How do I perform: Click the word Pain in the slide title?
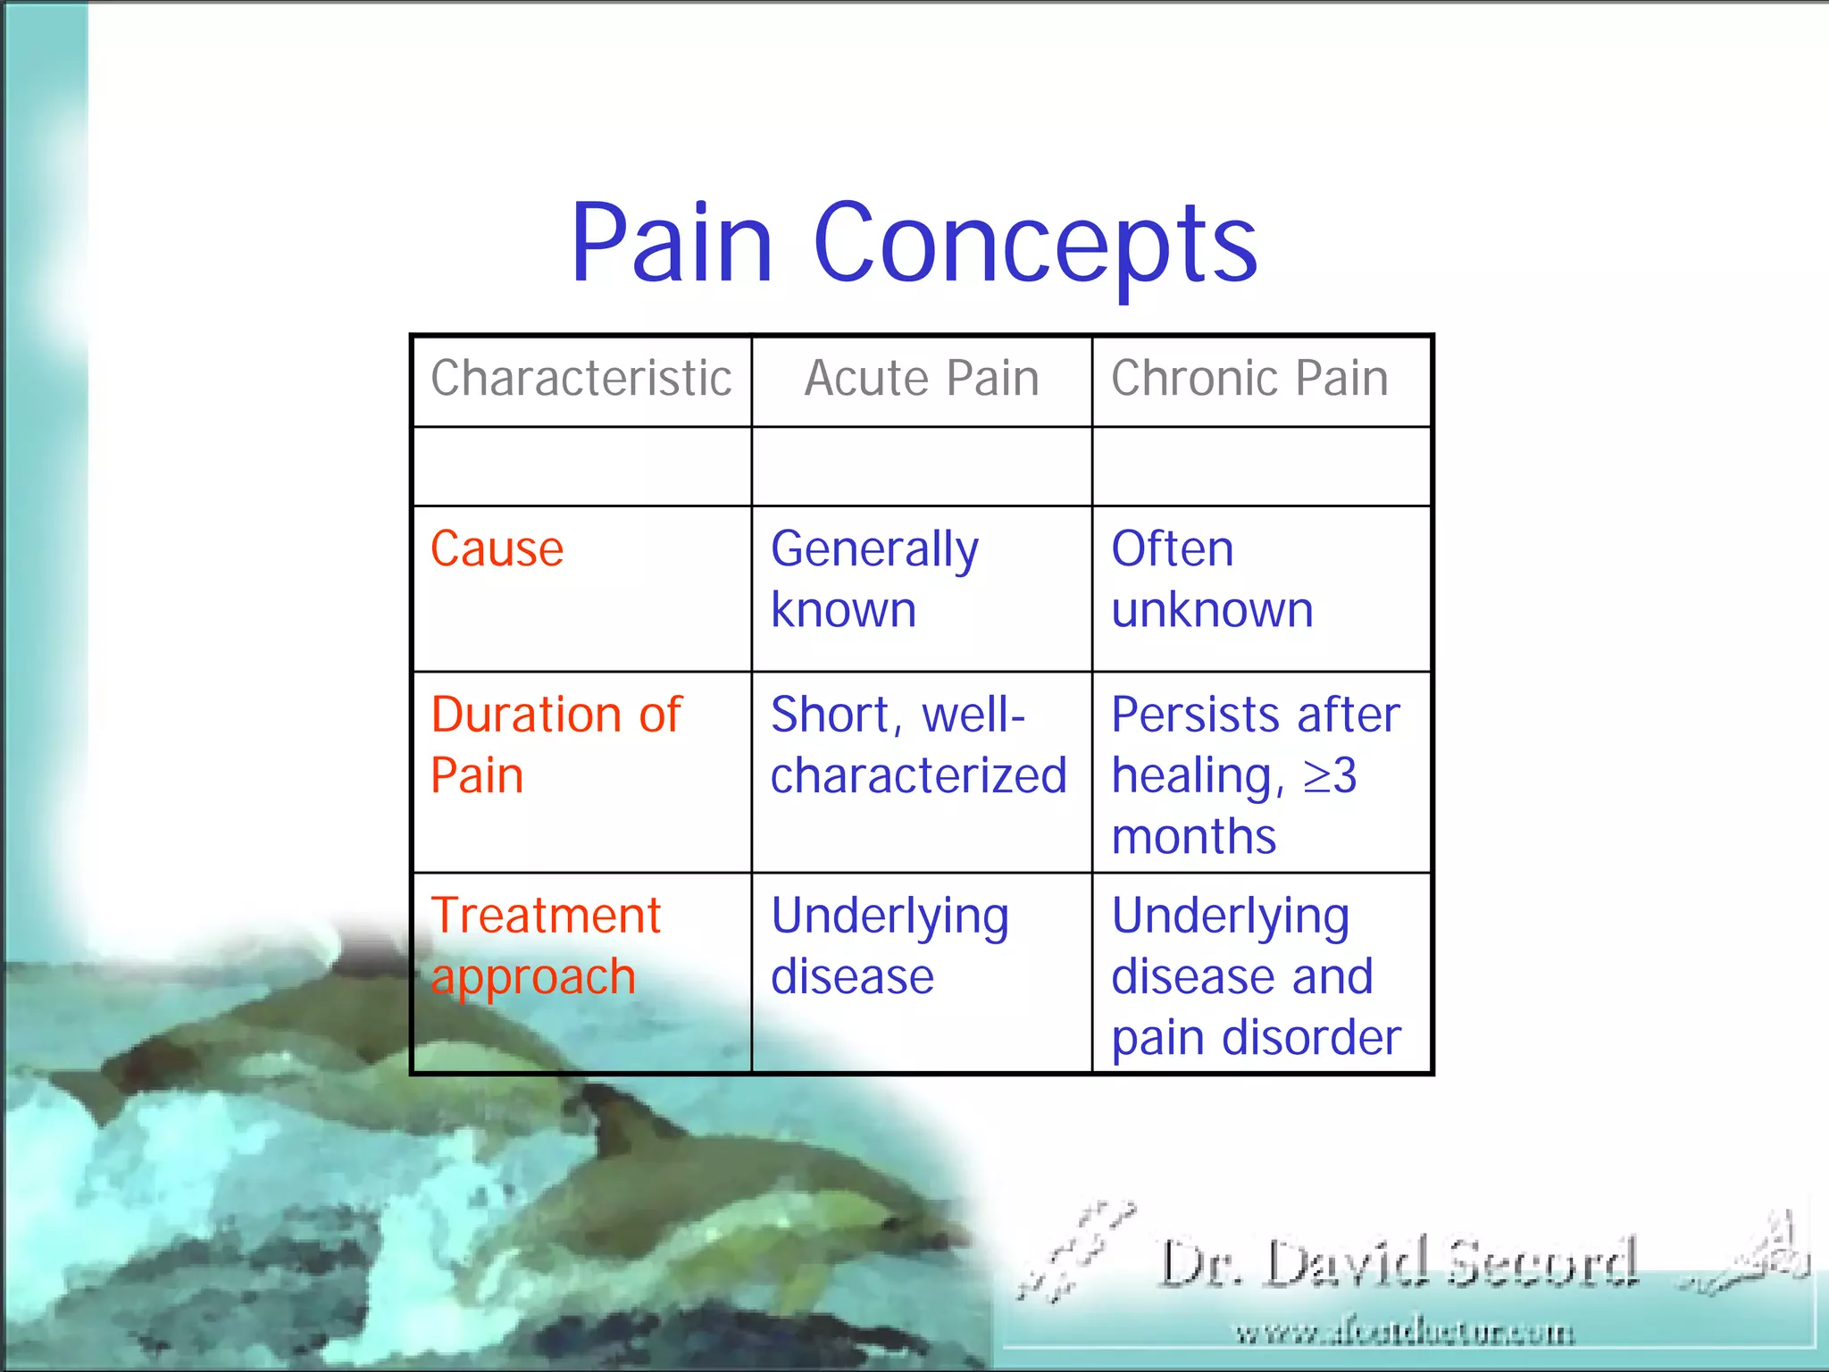(x=672, y=243)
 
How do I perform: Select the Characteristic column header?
(x=581, y=379)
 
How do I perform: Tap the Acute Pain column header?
(x=922, y=379)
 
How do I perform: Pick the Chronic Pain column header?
(x=1249, y=379)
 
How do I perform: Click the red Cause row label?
(x=497, y=548)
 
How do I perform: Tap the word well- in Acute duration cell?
(x=973, y=715)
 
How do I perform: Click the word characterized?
(x=919, y=775)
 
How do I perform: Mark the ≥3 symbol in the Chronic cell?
(x=1330, y=775)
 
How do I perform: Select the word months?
(x=1194, y=837)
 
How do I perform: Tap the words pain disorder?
(x=1256, y=1038)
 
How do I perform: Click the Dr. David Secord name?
(x=1398, y=1263)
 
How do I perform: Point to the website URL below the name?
(x=1404, y=1334)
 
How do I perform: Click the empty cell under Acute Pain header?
(x=922, y=466)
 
